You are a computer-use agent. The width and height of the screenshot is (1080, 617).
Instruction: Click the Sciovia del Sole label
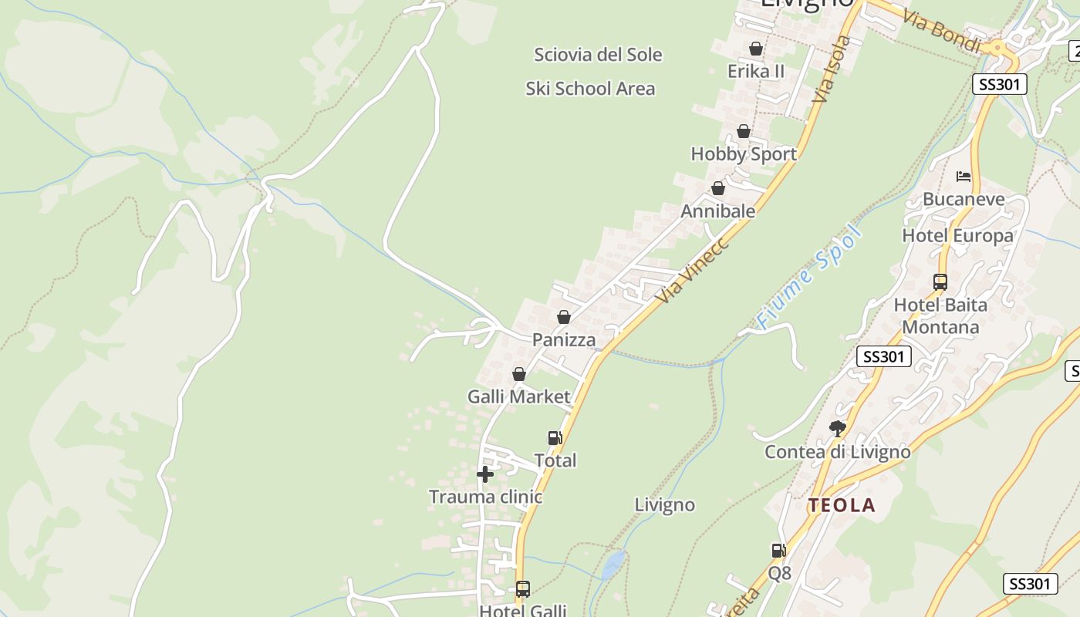point(598,55)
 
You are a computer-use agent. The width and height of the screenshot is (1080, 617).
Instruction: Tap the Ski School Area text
point(590,89)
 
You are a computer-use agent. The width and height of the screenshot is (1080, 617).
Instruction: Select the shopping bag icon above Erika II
point(756,49)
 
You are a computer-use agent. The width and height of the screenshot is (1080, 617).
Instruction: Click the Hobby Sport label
point(744,153)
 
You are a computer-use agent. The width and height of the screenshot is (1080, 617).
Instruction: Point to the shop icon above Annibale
point(718,188)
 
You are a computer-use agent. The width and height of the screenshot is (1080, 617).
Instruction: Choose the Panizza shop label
point(564,340)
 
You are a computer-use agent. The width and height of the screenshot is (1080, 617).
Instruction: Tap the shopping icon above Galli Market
point(519,374)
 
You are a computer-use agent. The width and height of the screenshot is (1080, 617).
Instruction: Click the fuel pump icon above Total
point(555,438)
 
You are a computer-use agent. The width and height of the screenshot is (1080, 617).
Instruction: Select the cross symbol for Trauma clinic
point(485,474)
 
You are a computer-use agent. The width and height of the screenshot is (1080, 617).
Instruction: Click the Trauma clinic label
point(485,497)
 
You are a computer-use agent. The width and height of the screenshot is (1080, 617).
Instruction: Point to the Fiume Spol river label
point(808,278)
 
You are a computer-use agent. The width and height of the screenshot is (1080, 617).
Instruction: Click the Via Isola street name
point(832,69)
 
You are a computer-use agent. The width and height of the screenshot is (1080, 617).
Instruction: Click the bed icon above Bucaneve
point(964,177)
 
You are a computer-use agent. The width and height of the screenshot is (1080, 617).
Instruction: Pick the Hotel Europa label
point(957,235)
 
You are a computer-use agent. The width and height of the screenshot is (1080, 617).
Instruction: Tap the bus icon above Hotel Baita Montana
point(940,282)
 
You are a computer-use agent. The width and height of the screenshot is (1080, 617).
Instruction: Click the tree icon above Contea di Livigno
point(837,428)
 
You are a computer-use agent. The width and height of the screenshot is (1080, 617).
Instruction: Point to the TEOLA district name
point(842,506)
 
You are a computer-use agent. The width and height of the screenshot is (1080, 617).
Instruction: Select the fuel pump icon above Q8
point(779,551)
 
